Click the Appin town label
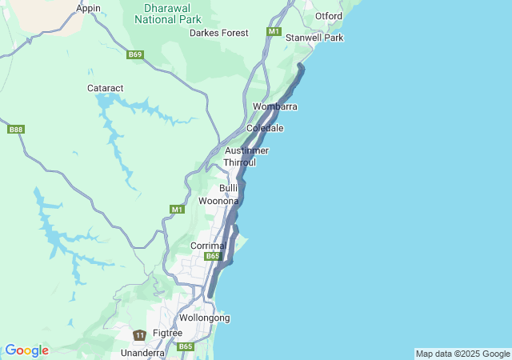pyautogui.click(x=88, y=8)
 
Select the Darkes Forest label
pyautogui.click(x=218, y=33)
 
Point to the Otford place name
pyautogui.click(x=329, y=16)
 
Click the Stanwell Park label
pyautogui.click(x=314, y=38)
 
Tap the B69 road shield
pyautogui.click(x=134, y=55)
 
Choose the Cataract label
pyautogui.click(x=104, y=88)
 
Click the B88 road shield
pyautogui.click(x=15, y=129)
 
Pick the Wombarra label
pyautogui.click(x=275, y=106)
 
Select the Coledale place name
pyautogui.click(x=265, y=128)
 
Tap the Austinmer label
pyautogui.click(x=246, y=150)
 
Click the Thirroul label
pyautogui.click(x=239, y=162)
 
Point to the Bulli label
pyautogui.click(x=229, y=187)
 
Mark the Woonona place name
pyautogui.click(x=218, y=201)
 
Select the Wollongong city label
pyautogui.click(x=204, y=318)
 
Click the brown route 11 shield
pyautogui.click(x=140, y=335)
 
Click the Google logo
pyautogui.click(x=26, y=350)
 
